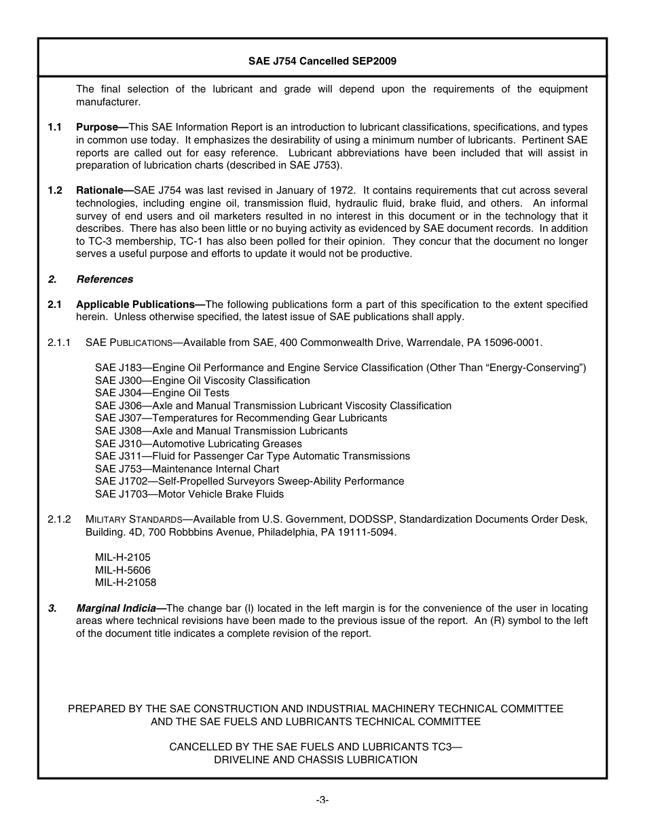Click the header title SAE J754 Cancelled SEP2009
(322, 60)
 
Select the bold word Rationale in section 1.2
(102, 190)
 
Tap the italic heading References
(105, 279)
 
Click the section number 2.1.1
(59, 343)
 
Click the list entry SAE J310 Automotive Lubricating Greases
(198, 444)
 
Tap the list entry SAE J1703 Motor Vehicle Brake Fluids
(189, 494)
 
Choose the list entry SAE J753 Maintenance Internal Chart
(187, 469)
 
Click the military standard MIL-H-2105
(123, 557)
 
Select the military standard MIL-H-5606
(123, 570)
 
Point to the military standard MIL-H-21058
(126, 582)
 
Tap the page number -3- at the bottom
(322, 800)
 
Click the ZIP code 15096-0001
(513, 343)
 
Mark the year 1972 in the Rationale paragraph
(341, 190)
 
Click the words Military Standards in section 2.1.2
(134, 520)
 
